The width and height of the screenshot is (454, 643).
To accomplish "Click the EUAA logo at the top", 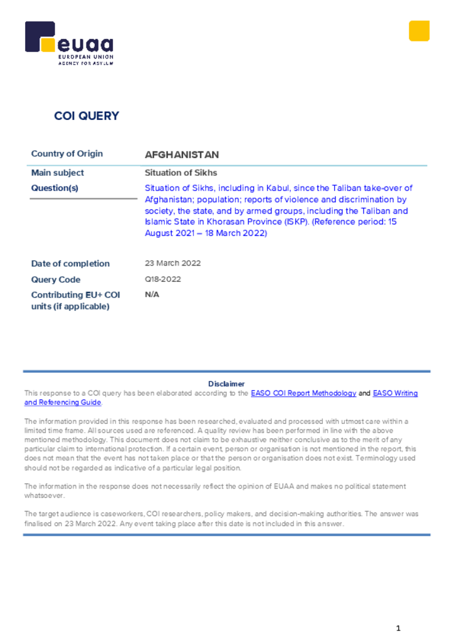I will tap(69, 43).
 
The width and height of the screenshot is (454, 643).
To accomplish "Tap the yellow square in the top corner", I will tap(419, 31).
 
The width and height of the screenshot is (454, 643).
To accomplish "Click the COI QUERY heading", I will tap(87, 116).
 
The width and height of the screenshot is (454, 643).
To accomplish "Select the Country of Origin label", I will tap(67, 154).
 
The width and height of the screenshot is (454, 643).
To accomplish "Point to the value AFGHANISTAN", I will tap(182, 154).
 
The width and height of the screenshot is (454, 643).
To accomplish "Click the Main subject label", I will tap(58, 173).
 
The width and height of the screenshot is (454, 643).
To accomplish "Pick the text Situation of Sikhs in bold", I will tap(181, 173).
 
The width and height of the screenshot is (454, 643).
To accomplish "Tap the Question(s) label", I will tap(55, 188).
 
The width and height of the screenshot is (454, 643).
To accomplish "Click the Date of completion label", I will tap(70, 264).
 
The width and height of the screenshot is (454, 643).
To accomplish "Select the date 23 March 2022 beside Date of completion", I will tap(173, 264).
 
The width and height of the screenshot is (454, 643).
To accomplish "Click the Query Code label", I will tap(56, 279).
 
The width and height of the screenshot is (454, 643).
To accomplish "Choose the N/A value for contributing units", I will tap(152, 294).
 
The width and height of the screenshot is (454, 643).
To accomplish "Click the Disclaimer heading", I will tap(226, 384).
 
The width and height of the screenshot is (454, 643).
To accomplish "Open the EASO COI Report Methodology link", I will tap(304, 393).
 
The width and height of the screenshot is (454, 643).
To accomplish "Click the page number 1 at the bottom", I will tap(398, 628).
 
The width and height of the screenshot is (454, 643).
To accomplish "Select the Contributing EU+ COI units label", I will tap(75, 300).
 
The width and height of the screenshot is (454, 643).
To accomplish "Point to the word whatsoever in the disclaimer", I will tap(44, 495).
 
